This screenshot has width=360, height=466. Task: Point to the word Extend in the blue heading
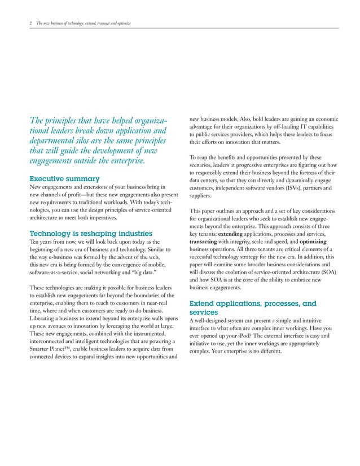click(x=205, y=303)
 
